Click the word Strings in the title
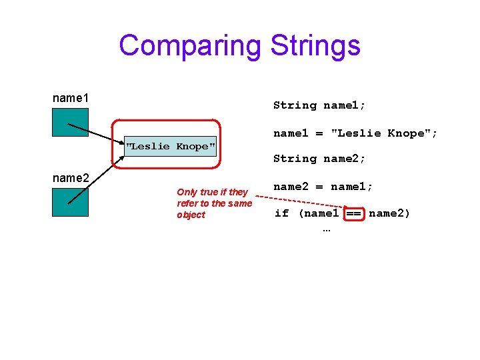coord(315,46)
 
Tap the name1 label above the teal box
coord(71,99)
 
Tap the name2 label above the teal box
coord(71,178)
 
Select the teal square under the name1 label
coord(70,121)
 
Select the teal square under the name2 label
coord(70,202)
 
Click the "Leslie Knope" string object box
coord(171,146)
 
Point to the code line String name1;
coord(319,105)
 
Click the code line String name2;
coord(319,159)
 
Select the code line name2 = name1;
coord(323,187)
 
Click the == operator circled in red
coord(353,213)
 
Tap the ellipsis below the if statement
coord(326,229)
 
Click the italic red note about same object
coord(214,203)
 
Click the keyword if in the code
coord(281,213)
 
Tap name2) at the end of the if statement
coord(389,213)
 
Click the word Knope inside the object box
coord(193,147)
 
